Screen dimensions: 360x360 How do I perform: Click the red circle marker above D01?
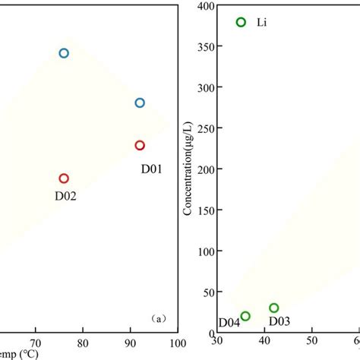tap(140, 145)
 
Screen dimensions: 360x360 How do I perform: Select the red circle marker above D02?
tap(64, 178)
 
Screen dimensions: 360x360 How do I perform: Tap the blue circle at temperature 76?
tap(64, 53)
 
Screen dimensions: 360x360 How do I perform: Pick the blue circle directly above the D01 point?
tap(140, 103)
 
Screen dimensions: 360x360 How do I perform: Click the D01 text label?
tap(151, 169)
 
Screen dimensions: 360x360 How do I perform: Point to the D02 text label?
tap(65, 195)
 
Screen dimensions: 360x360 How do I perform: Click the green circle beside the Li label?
tap(241, 22)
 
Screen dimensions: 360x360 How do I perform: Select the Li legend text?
tap(262, 23)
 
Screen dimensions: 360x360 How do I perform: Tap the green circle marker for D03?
tap(273, 308)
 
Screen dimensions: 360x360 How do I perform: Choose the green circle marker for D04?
tap(245, 316)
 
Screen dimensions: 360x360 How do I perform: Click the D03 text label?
tap(279, 321)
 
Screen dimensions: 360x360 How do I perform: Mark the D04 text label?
tap(229, 322)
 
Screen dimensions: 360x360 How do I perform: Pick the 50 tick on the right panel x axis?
tap(311, 343)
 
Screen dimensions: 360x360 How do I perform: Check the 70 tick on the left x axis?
tap(36, 343)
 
